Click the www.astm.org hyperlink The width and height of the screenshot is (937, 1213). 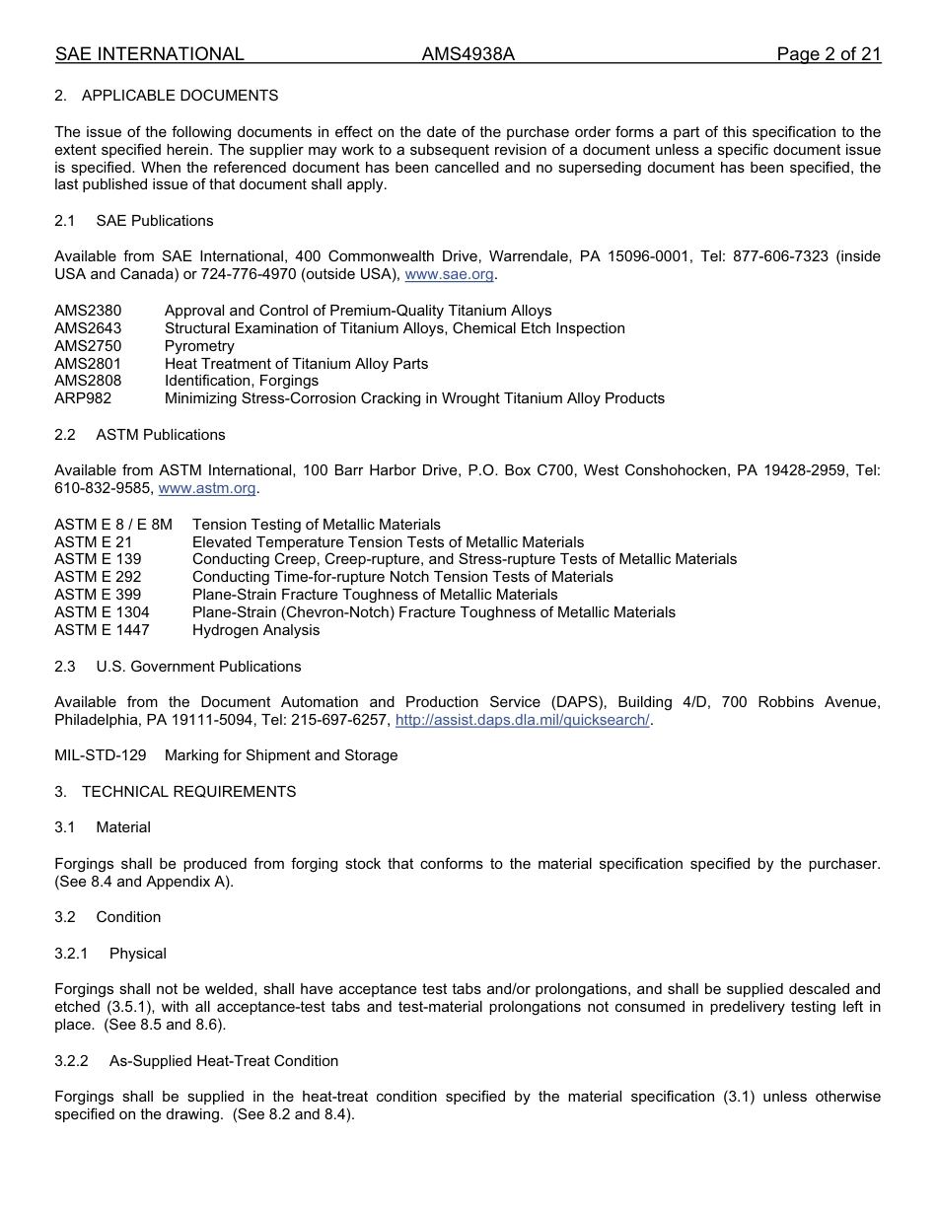pyautogui.click(x=207, y=488)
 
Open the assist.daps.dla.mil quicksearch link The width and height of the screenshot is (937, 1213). pyautogui.click(x=522, y=720)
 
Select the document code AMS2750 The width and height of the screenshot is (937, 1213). pyautogui.click(x=88, y=346)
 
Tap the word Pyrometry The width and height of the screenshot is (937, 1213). pyautogui.click(x=199, y=346)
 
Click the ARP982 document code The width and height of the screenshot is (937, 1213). pyautogui.click(x=83, y=398)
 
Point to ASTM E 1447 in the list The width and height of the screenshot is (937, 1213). pyautogui.click(x=102, y=630)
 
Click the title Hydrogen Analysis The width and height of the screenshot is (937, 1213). pyautogui.click(x=255, y=630)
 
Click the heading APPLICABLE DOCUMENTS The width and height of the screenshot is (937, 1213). pyautogui.click(x=180, y=96)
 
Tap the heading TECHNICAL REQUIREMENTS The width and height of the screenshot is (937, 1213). pyautogui.click(x=188, y=792)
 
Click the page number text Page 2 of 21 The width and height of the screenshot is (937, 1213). pyautogui.click(x=829, y=54)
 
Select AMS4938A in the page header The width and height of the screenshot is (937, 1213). pyautogui.click(x=468, y=54)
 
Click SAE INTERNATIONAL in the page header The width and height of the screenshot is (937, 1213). pyautogui.click(x=149, y=54)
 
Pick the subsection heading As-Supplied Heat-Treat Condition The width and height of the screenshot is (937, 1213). pyautogui.click(x=224, y=1061)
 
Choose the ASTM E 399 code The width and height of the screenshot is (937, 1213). pyautogui.click(x=98, y=595)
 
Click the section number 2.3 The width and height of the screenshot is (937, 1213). pyautogui.click(x=65, y=667)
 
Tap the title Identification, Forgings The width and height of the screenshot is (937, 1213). pyautogui.click(x=242, y=381)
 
